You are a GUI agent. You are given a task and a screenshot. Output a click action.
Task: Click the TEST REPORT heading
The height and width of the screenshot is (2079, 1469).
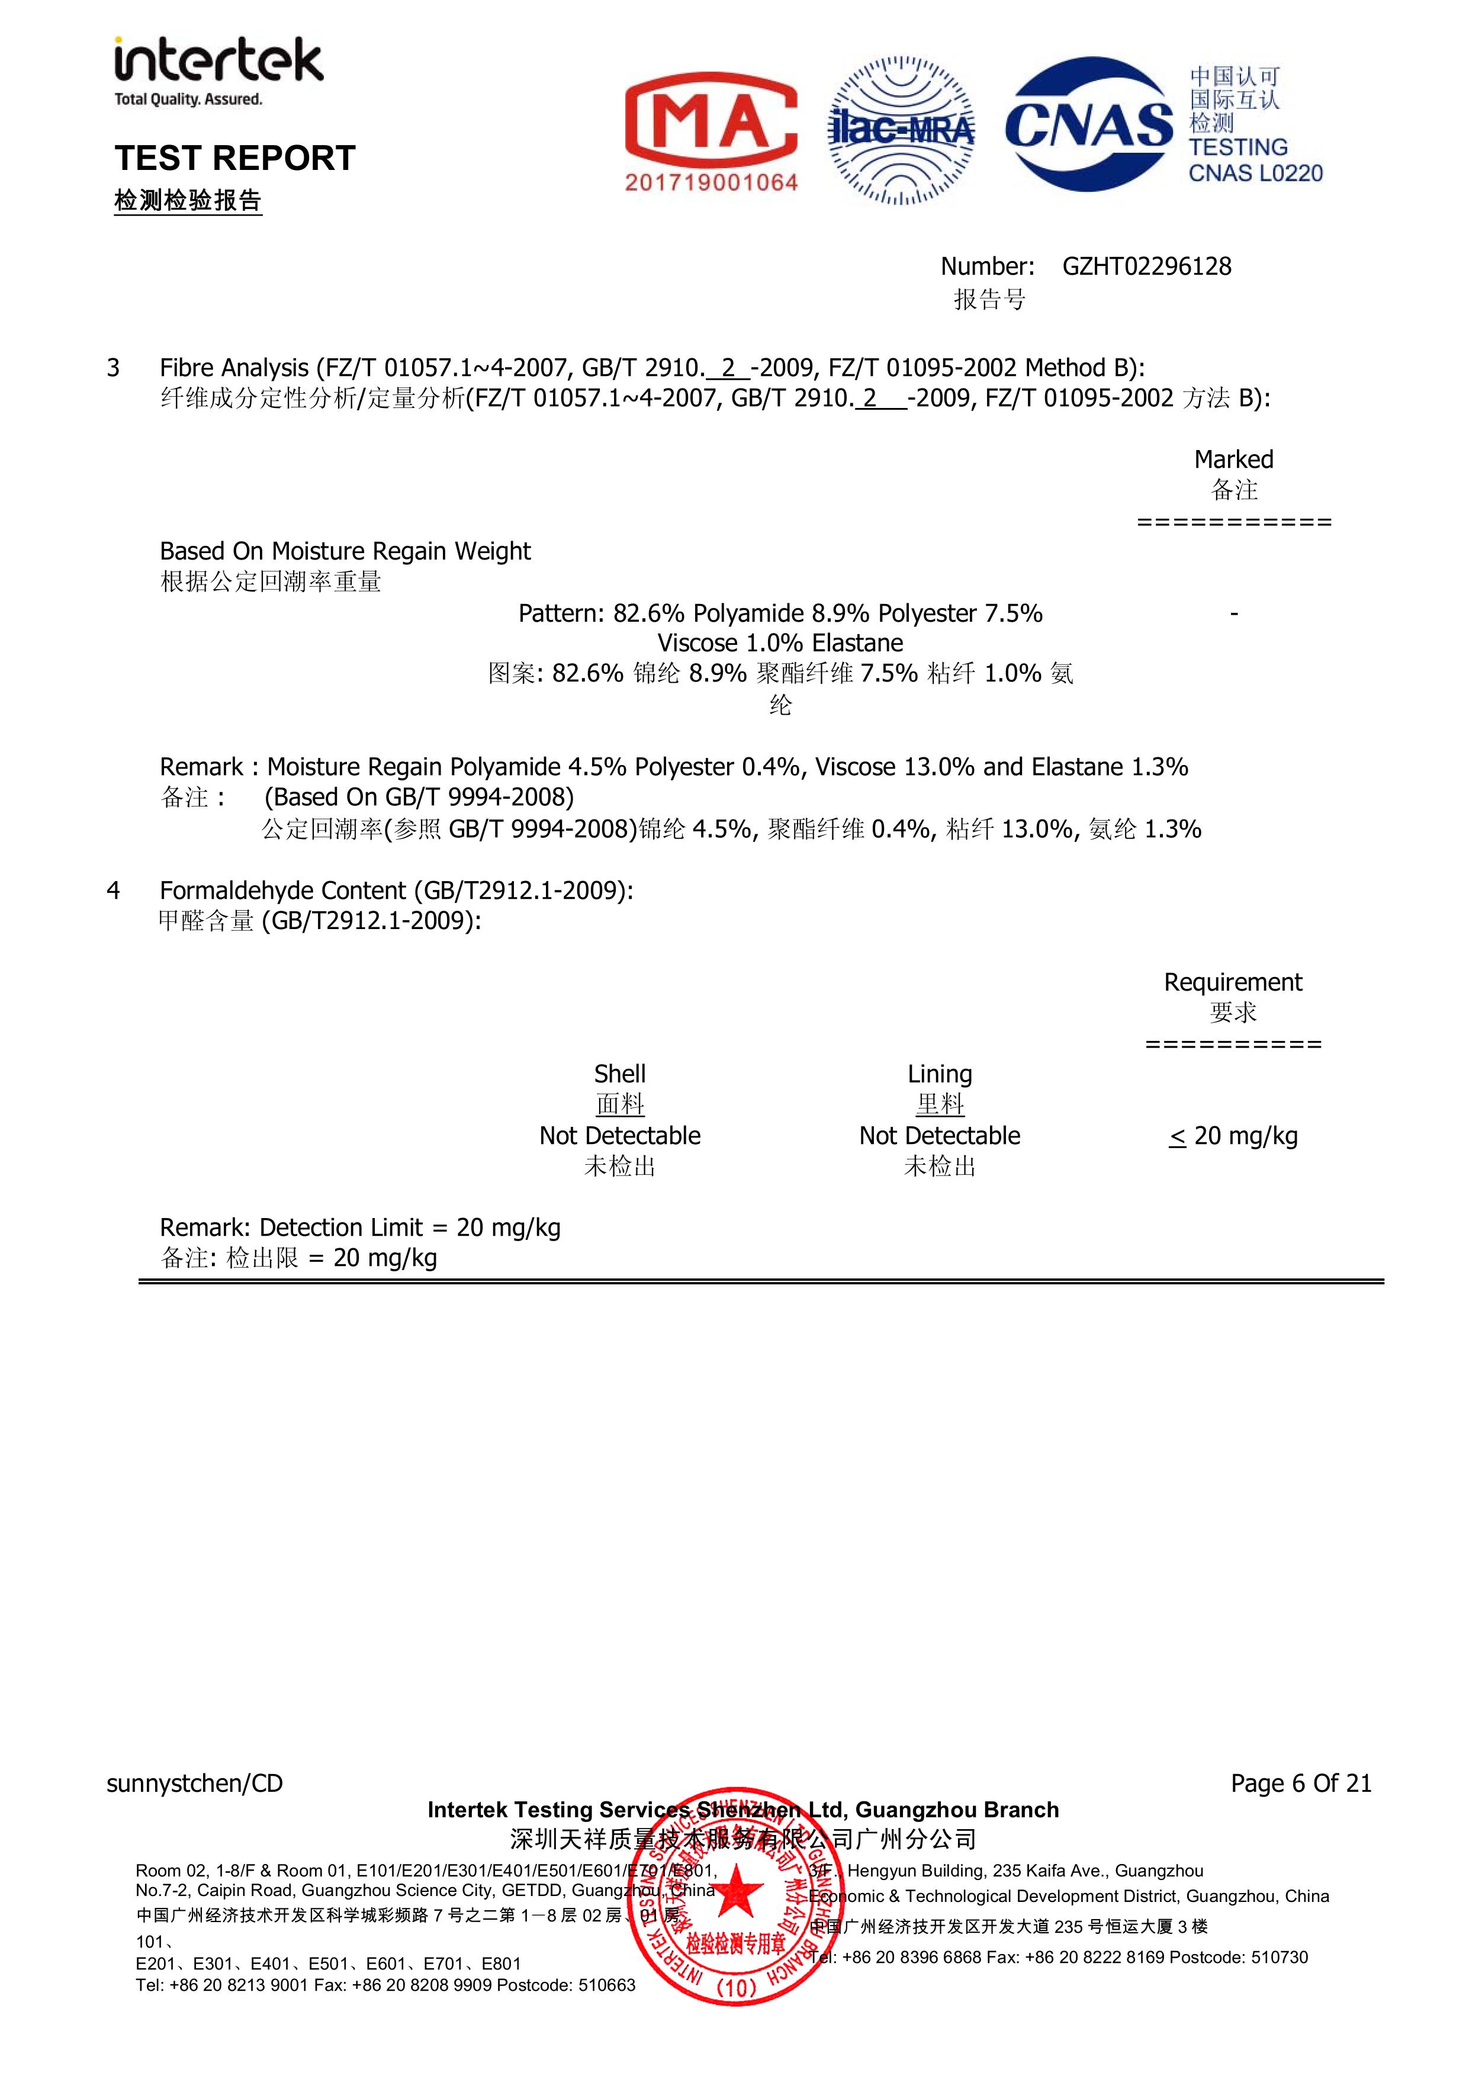click(x=234, y=159)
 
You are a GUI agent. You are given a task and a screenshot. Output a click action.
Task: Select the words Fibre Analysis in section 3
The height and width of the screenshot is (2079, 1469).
click(x=234, y=368)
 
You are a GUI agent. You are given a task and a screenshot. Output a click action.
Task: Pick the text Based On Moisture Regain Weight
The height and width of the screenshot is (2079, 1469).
click(x=345, y=551)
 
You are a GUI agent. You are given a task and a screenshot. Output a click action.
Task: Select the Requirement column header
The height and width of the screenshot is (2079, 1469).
click(x=1233, y=982)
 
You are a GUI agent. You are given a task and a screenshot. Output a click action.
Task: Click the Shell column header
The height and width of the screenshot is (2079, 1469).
click(x=619, y=1074)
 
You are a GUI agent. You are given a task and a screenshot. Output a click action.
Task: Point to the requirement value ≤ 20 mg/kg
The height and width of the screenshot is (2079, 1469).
click(x=1233, y=1136)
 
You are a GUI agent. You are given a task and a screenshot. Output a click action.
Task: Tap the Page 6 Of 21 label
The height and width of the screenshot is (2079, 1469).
click(x=1300, y=1783)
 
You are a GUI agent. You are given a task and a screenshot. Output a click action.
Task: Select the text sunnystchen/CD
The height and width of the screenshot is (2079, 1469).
click(x=195, y=1783)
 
